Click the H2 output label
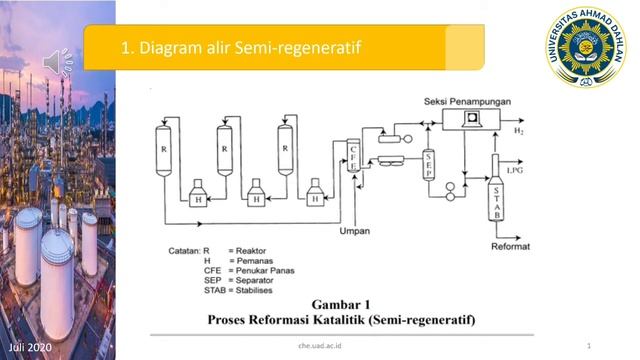[518, 131]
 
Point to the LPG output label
[517, 171]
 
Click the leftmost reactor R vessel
[165, 149]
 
